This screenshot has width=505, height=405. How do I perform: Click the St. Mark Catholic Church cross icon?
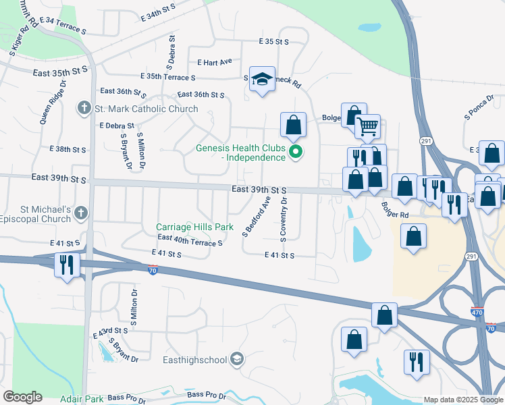[x=84, y=108]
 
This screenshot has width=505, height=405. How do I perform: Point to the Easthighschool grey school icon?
[x=236, y=358]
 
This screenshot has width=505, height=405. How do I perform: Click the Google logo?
[x=22, y=397]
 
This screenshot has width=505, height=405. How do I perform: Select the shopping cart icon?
[x=367, y=126]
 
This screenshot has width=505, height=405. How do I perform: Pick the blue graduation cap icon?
[x=261, y=79]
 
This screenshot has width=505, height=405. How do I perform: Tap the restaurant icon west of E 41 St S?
[x=67, y=264]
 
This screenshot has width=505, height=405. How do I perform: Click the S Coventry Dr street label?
[x=284, y=217]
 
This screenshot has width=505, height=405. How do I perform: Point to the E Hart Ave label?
[x=215, y=61]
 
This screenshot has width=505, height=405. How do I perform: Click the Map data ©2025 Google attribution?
[x=462, y=400]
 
